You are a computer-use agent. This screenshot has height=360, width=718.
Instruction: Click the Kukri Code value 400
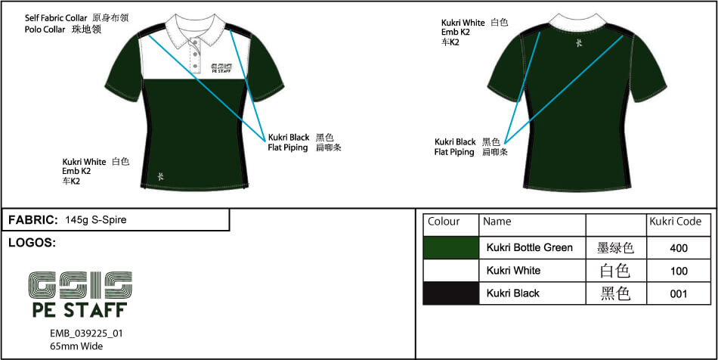click(679, 248)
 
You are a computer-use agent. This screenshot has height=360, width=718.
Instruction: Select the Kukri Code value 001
click(679, 293)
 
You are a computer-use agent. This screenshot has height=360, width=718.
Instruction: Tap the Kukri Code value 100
click(679, 272)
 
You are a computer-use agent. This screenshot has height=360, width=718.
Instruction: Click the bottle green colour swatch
click(451, 248)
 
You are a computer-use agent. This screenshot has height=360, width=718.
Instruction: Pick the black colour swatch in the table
click(451, 293)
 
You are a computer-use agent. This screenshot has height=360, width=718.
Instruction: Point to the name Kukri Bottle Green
click(529, 248)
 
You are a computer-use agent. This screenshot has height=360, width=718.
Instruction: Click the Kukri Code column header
click(676, 222)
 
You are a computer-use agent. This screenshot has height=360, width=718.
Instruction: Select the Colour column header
click(443, 222)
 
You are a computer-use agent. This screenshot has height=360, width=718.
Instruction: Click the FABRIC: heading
click(33, 220)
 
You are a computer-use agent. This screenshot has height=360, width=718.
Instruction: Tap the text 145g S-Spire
click(96, 220)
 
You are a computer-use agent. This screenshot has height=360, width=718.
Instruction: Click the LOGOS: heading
click(32, 244)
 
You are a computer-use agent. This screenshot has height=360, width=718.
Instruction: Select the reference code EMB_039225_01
click(86, 334)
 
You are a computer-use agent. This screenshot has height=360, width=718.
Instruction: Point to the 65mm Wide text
click(76, 346)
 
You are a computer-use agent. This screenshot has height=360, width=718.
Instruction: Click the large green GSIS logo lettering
click(80, 284)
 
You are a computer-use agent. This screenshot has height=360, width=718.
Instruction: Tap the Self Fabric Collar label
click(56, 19)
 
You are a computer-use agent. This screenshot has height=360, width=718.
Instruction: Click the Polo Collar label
click(45, 29)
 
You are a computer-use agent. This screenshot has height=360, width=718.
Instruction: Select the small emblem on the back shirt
click(579, 43)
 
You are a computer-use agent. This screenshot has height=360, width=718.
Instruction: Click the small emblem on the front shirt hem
click(159, 176)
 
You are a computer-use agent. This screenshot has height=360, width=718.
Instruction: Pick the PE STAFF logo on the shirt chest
click(222, 68)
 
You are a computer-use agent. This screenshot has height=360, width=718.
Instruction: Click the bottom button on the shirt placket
click(196, 67)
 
